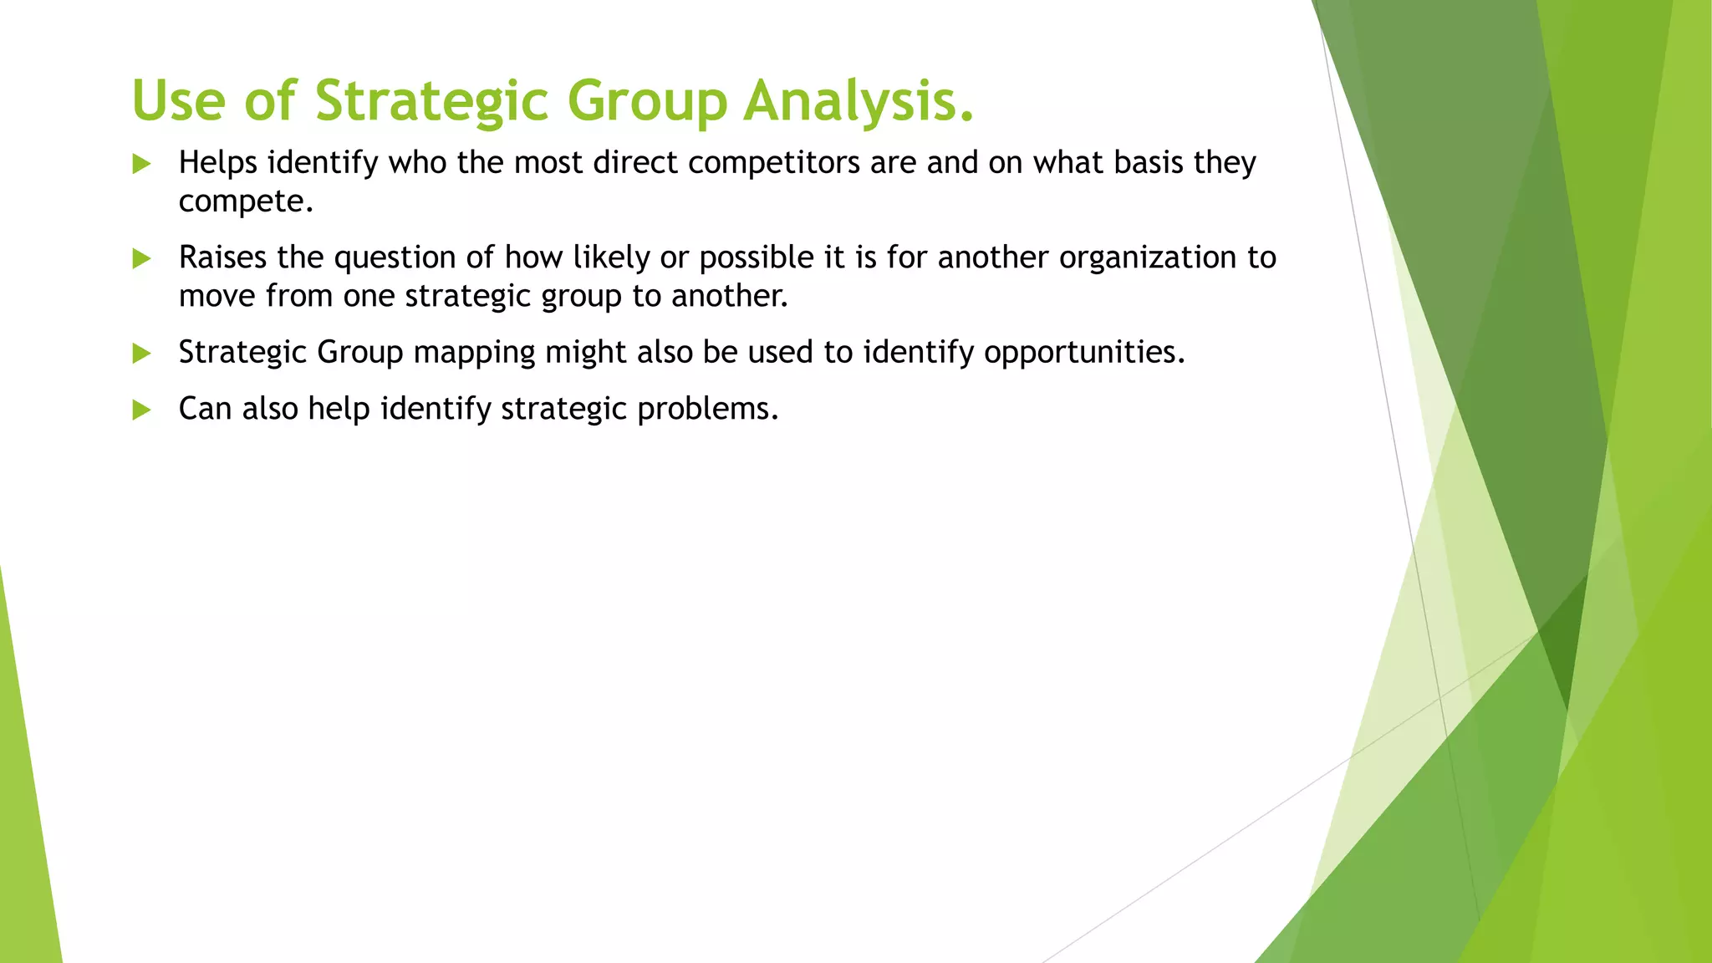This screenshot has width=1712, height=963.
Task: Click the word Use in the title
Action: (179, 101)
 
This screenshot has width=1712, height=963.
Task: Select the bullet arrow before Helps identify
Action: (141, 164)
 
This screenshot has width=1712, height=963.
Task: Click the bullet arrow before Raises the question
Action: (141, 259)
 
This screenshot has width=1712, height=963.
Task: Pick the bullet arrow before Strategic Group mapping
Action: (141, 354)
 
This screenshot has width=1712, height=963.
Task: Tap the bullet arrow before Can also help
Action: (141, 410)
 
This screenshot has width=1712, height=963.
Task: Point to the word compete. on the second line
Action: (246, 202)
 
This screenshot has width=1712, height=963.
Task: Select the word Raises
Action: (223, 257)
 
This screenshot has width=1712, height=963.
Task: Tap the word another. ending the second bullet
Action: (730, 296)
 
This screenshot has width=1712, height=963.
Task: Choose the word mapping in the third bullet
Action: (474, 353)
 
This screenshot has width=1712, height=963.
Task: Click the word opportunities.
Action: (1084, 353)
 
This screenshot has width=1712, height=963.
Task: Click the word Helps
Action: (218, 163)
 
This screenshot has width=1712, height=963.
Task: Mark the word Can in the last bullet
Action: (205, 409)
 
